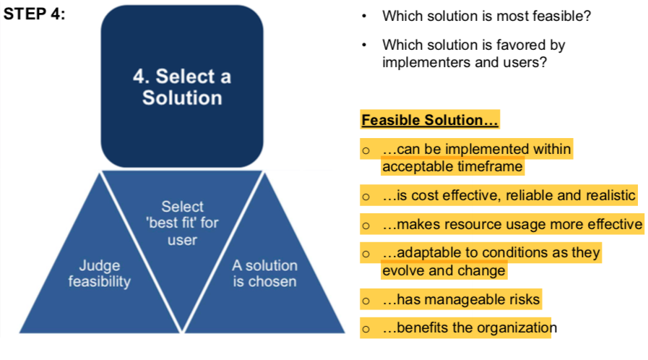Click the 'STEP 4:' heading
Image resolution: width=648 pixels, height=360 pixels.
[x=34, y=14]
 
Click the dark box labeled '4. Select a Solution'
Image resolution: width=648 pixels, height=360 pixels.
[x=182, y=86]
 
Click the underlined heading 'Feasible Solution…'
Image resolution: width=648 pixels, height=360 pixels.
[x=430, y=120]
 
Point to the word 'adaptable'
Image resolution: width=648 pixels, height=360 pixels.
[x=428, y=252]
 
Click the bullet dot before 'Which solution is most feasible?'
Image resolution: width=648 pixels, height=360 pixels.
[x=364, y=16]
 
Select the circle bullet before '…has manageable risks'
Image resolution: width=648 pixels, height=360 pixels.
[x=366, y=301]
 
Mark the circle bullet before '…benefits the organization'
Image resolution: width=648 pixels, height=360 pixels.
[x=366, y=329]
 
